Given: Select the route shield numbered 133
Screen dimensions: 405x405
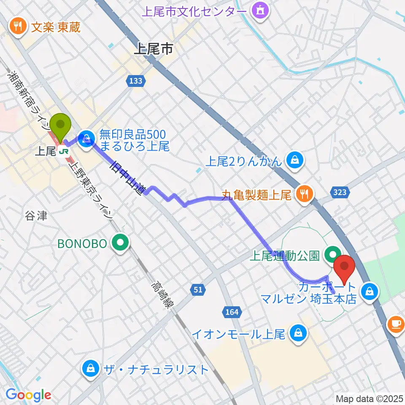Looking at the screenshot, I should pyautogui.click(x=136, y=81).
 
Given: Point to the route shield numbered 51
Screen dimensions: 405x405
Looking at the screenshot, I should pyautogui.click(x=198, y=289).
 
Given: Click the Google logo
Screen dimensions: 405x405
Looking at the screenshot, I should pyautogui.click(x=28, y=395).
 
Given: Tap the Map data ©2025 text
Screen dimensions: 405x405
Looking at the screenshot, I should pyautogui.click(x=368, y=398).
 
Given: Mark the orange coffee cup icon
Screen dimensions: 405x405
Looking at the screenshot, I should pyautogui.click(x=395, y=323).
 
